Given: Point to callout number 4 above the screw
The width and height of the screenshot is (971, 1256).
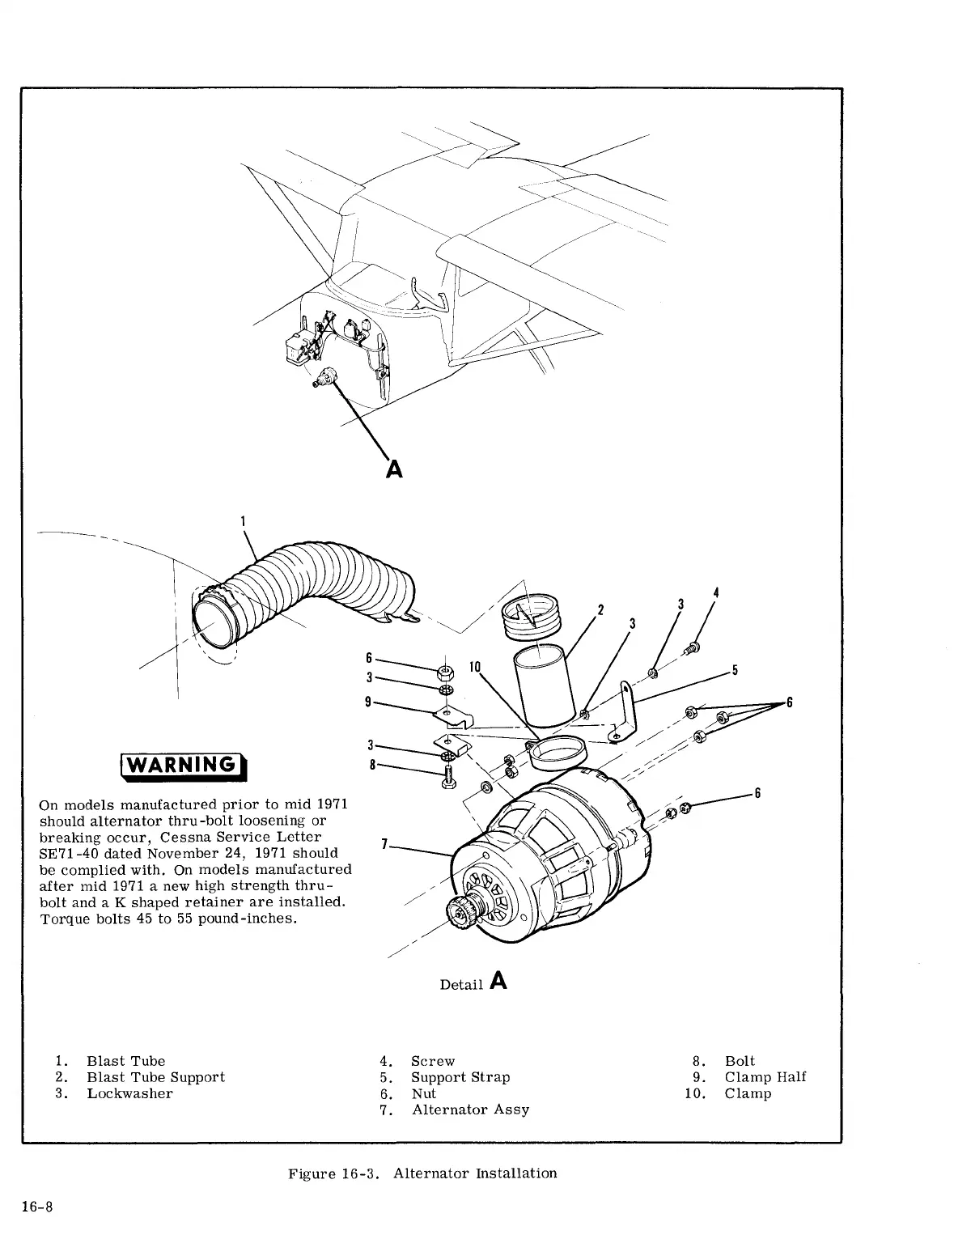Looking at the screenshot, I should pos(715,592).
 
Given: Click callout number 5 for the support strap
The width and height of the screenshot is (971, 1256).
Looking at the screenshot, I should pos(735,670).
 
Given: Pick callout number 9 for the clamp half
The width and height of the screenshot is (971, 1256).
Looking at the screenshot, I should pos(368,702).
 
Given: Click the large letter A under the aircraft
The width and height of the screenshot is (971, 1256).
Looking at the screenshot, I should pos(394,469).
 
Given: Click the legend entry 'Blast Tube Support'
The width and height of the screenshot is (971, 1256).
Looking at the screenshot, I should pos(155,1077).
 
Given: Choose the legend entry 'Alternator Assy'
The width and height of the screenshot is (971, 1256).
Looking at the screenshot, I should pos(470,1110).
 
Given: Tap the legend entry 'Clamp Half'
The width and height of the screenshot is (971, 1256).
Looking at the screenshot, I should pos(765,1077).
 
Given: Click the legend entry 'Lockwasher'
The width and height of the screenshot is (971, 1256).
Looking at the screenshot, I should pos(129,1093).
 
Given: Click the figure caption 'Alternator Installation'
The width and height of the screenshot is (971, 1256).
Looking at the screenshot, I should pos(475,1173).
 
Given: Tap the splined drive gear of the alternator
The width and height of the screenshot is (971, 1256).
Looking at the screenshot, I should pos(460,915).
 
